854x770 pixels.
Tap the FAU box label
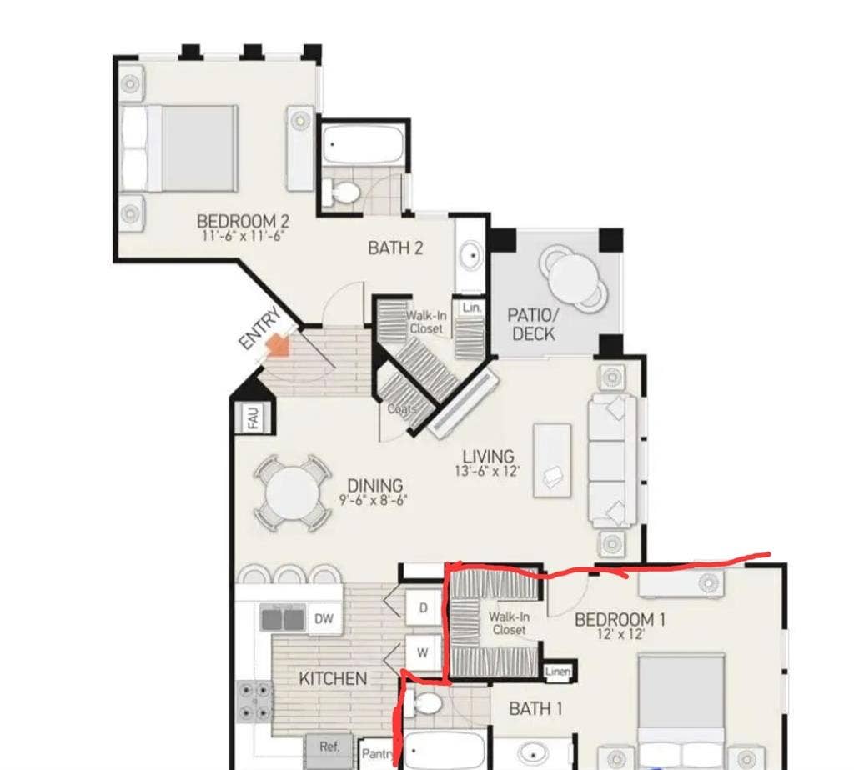[254, 417]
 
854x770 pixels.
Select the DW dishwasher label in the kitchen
[324, 618]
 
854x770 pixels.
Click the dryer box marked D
[423, 608]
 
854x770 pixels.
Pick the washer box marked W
[423, 653]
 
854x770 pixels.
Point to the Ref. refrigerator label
[329, 747]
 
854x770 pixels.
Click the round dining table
[291, 493]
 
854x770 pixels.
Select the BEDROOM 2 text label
[243, 221]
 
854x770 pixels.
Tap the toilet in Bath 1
[427, 704]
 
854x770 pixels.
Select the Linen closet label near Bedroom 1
[557, 672]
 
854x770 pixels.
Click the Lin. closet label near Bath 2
[472, 307]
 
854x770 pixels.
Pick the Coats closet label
[403, 409]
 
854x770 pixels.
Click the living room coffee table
[552, 460]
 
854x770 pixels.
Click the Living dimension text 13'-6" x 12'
[488, 471]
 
